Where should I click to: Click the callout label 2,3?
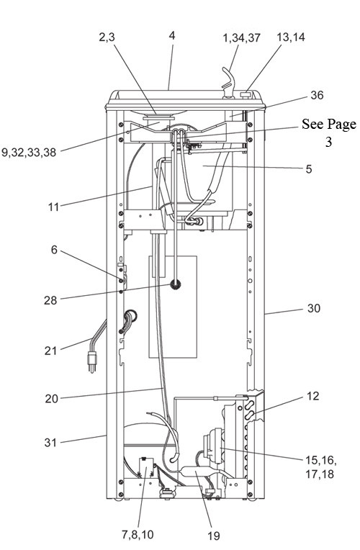tap(107, 37)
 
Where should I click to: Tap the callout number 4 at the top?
tap(171, 35)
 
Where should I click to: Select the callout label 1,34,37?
tap(242, 37)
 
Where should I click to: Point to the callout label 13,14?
tap(291, 37)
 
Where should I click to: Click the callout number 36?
tap(317, 95)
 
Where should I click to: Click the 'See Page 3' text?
tap(329, 132)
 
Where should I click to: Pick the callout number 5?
tap(308, 169)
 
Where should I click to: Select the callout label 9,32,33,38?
tap(29, 152)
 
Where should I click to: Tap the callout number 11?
tap(53, 207)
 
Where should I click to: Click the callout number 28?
tap(50, 300)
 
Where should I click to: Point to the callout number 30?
tap(314, 308)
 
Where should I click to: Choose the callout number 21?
tap(50, 351)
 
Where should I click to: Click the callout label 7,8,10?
tap(138, 534)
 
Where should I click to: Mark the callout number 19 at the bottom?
tap(213, 536)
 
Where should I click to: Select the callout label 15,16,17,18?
tap(320, 467)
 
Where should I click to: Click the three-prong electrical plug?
tap(91, 362)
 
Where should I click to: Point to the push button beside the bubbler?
tap(246, 94)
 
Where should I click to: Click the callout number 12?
tap(313, 396)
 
